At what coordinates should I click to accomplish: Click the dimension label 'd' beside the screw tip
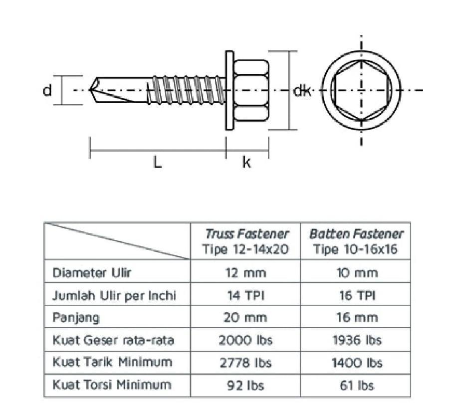coord(47,91)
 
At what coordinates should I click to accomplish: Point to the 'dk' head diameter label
coord(302,91)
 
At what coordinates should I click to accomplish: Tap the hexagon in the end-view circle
coord(361,90)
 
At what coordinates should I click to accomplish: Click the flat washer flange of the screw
coord(229,90)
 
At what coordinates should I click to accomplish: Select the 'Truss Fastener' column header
coord(246,233)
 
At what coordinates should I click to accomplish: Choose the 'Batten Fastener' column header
coord(356,233)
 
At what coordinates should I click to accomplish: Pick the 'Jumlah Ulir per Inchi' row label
coord(114,295)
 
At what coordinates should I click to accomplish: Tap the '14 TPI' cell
coord(245,295)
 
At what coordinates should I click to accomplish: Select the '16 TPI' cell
coord(355,295)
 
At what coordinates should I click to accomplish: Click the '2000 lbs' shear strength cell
coord(245,340)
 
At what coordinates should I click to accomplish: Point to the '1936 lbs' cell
coord(356,340)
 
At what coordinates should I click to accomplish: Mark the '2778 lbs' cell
coord(245,363)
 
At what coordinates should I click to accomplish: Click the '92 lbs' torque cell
coord(245,385)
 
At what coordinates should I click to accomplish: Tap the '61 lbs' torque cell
coord(356,385)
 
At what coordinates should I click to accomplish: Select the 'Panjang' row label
coord(76,318)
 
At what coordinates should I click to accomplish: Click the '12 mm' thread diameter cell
coord(245,273)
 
